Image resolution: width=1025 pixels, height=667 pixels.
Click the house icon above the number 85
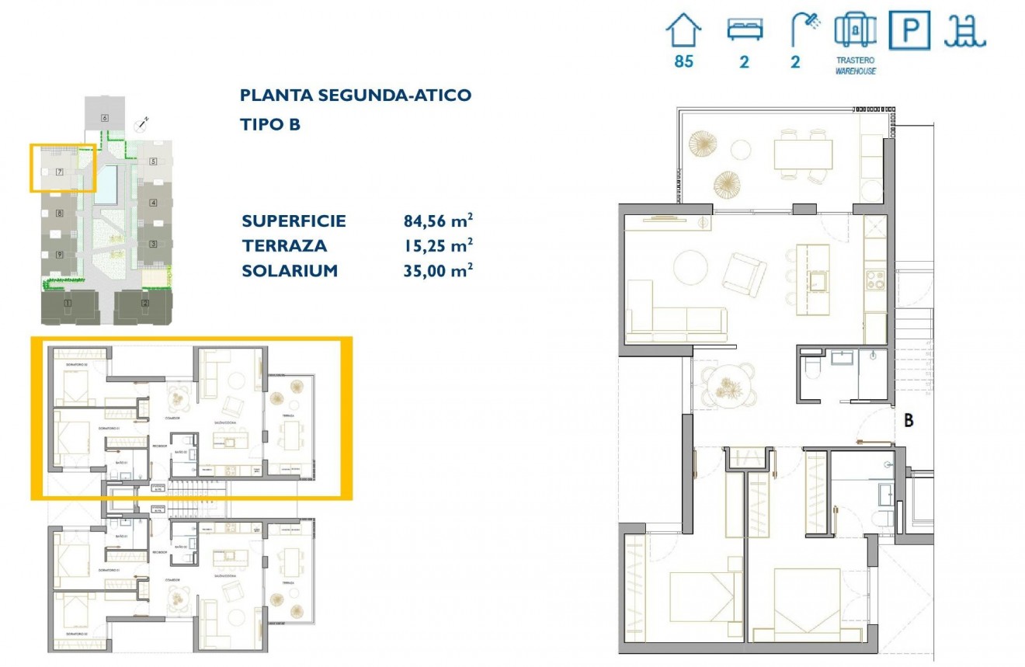pos(683,31)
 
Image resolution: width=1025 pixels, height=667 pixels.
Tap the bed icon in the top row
pos(745,30)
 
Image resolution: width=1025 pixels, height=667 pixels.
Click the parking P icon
pos(909,31)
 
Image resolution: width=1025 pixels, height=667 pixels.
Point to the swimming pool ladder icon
pos(964,31)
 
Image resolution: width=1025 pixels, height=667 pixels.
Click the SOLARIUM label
pos(290,271)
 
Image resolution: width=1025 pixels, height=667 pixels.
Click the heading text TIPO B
pos(270,124)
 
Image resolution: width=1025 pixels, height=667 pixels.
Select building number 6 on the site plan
pos(104,117)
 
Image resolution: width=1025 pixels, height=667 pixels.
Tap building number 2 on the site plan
pos(144,303)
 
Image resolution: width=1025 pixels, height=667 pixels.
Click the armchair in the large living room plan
pos(745,273)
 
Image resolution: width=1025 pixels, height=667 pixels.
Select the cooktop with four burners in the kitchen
pos(875,280)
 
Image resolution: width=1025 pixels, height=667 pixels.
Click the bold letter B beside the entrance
pos(908,422)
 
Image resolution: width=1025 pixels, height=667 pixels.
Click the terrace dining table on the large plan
pos(802,155)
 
